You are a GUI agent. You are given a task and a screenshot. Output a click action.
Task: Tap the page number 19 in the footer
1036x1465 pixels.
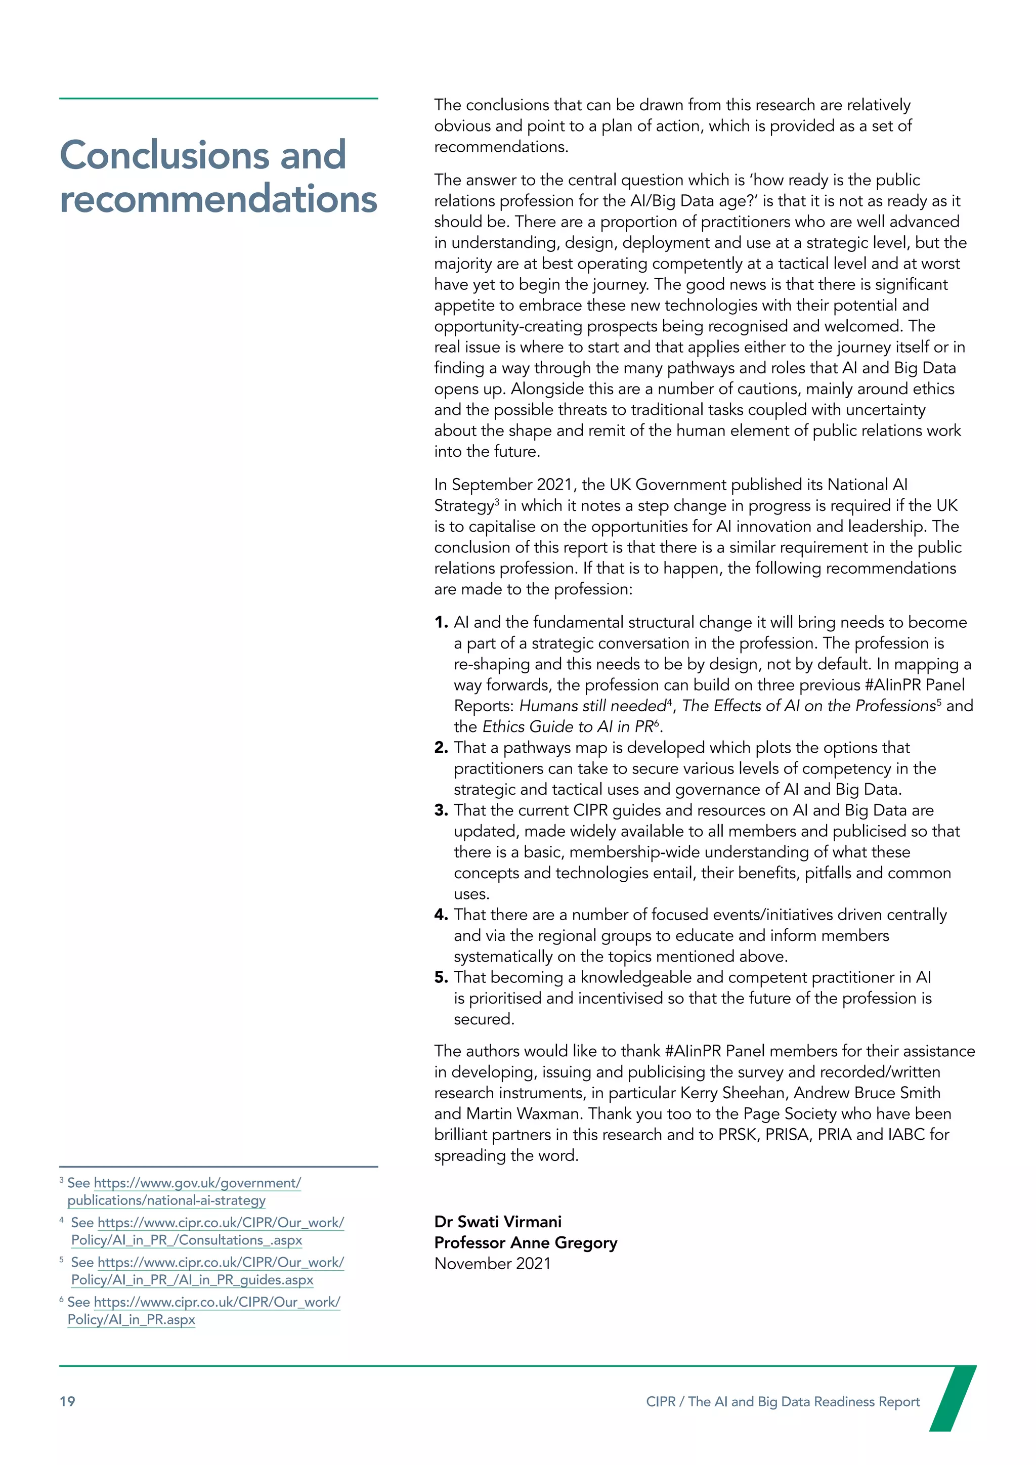[x=67, y=1401]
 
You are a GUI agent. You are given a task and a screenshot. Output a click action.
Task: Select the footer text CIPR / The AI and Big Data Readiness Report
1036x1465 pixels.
[x=782, y=1401]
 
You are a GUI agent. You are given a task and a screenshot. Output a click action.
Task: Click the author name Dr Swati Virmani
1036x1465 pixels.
[x=498, y=1221]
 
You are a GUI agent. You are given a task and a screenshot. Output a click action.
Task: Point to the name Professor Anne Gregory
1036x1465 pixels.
[x=526, y=1242]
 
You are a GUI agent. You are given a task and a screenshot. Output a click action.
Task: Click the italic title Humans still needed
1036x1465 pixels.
[x=592, y=706]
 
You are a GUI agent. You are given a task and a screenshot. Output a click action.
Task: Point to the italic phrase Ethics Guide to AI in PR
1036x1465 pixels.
[x=567, y=727]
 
